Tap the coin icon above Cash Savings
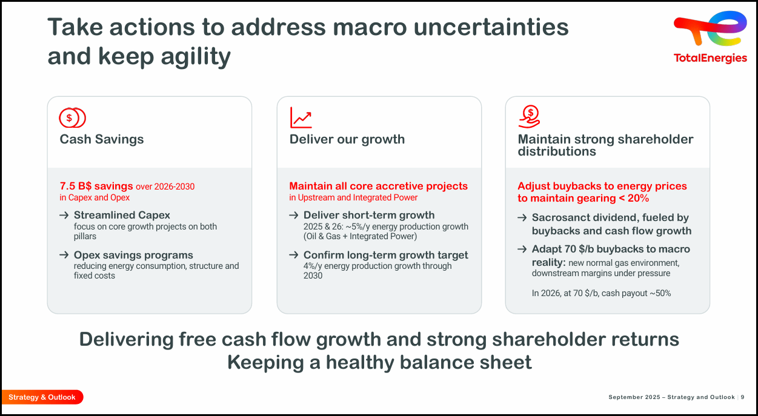tap(72, 117)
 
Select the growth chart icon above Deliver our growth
tap(301, 117)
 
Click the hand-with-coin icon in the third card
tap(529, 116)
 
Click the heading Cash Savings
tap(102, 139)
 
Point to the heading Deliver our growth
tap(347, 139)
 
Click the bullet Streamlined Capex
tap(122, 215)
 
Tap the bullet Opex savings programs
tap(133, 255)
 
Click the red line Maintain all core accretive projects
tap(378, 186)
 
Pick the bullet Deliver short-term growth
tap(368, 215)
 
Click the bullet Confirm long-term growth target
tap(385, 255)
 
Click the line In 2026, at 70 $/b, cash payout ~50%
tap(601, 293)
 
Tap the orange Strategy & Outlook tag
tap(42, 397)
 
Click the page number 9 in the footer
tap(742, 397)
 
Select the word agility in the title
tap(196, 56)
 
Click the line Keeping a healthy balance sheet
tap(379, 362)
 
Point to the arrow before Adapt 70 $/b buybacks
tap(522, 249)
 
